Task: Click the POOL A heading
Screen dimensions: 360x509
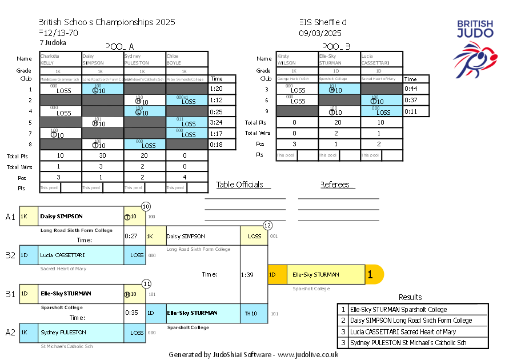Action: (120, 46)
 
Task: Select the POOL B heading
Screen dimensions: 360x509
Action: (336, 46)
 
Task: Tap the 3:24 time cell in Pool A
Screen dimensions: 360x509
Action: (216, 122)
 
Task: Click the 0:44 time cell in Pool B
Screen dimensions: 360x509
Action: (411, 89)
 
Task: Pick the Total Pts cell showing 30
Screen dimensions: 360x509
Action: (103, 155)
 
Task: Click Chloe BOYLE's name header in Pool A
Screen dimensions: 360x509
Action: (187, 59)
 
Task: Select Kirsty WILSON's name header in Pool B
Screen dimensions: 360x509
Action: (296, 59)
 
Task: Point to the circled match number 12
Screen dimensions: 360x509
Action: (267, 225)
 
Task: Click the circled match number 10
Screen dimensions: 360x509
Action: (146, 206)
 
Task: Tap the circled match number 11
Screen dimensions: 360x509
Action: (147, 283)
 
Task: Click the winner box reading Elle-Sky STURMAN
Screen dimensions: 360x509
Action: (325, 274)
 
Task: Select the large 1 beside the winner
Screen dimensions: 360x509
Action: (370, 275)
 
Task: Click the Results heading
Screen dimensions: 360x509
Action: (410, 297)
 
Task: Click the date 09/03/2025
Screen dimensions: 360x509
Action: (320, 33)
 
